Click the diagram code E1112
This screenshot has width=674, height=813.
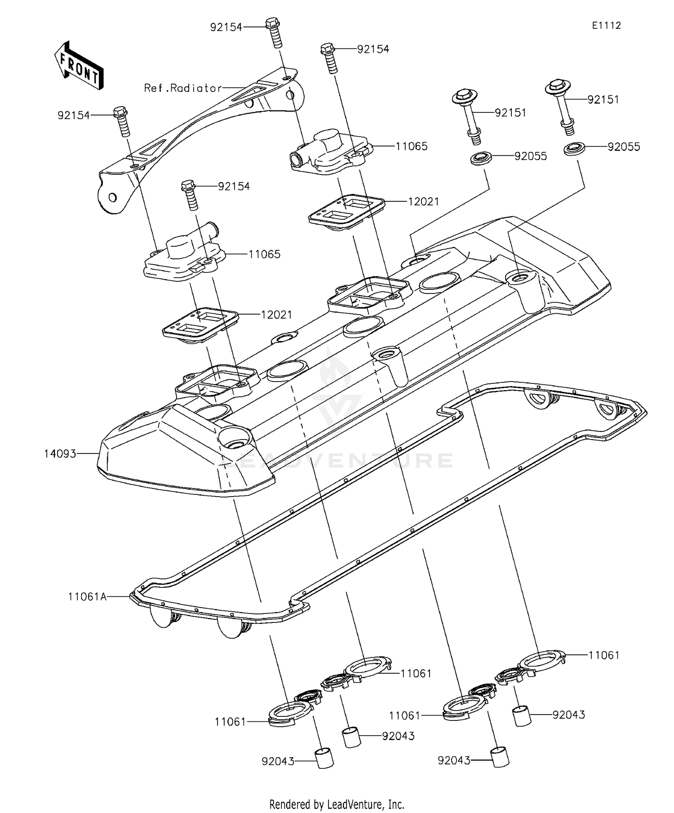[x=606, y=26]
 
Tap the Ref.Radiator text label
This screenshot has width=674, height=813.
[x=182, y=88]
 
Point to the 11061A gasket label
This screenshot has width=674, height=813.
[x=87, y=596]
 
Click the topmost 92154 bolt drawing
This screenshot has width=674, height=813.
[x=275, y=32]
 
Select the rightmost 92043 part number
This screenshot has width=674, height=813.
[x=568, y=715]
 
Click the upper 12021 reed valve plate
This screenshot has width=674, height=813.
[x=348, y=210]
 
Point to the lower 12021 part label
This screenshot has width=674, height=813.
[x=276, y=315]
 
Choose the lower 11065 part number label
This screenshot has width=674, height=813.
[x=264, y=254]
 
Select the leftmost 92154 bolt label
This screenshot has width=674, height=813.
[x=73, y=116]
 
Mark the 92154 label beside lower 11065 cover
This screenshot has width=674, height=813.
[x=234, y=186]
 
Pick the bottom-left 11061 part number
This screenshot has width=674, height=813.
[x=230, y=722]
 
